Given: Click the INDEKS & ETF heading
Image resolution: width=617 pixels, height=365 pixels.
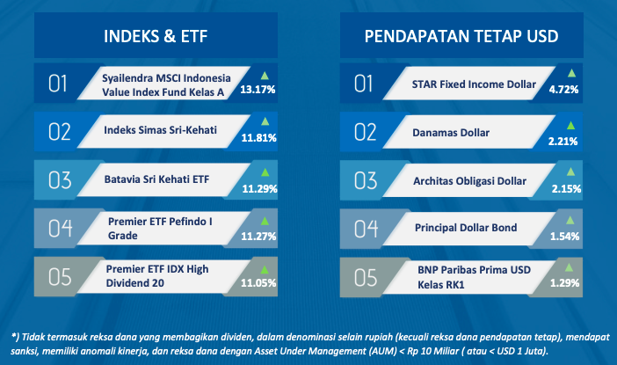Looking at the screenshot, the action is click(x=156, y=36).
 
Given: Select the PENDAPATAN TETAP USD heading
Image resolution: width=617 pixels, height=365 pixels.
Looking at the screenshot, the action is click(x=461, y=36).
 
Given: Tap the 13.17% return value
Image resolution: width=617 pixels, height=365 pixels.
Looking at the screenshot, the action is click(x=258, y=90).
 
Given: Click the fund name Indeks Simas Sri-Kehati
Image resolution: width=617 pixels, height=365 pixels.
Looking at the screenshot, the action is click(x=160, y=130).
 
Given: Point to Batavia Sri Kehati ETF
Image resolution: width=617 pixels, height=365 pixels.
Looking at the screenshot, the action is click(x=156, y=179).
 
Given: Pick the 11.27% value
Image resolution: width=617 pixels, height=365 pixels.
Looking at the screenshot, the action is click(x=258, y=236).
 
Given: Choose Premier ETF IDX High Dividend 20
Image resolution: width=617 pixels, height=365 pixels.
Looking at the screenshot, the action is click(x=157, y=276).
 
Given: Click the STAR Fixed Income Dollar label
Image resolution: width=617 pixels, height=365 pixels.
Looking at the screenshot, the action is click(x=474, y=84).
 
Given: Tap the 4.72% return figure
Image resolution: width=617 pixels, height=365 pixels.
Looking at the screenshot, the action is click(x=563, y=90).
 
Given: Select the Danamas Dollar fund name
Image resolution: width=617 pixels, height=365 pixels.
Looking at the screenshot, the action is click(x=451, y=133).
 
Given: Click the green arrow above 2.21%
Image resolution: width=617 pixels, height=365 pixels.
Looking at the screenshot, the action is click(x=570, y=126).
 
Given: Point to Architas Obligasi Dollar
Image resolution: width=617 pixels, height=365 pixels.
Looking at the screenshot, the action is click(x=469, y=181).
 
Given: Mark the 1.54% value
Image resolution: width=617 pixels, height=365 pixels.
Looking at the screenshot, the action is click(x=564, y=237).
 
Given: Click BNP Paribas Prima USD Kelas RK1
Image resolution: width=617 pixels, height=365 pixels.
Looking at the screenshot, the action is click(x=474, y=277).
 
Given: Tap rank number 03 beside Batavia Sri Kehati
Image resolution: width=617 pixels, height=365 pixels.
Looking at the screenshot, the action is click(x=60, y=180).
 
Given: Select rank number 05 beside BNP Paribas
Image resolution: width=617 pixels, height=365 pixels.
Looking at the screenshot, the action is click(x=366, y=277).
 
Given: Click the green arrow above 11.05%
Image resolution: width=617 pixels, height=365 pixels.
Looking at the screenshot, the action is click(x=265, y=270).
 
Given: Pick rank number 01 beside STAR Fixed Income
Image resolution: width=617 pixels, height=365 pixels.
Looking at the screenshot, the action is click(x=363, y=84).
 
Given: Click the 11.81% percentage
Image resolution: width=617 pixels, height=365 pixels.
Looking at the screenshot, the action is click(x=259, y=138).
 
